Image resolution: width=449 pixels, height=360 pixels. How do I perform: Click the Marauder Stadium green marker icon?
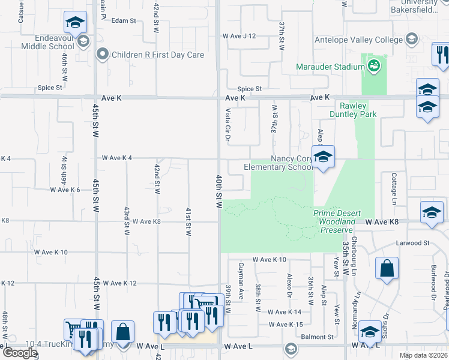pos(374,65)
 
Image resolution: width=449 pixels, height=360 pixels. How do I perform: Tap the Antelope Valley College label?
pos(359,40)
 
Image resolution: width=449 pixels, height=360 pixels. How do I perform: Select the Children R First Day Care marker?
pos(103,55)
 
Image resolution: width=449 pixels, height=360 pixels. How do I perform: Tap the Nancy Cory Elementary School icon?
pos(323,157)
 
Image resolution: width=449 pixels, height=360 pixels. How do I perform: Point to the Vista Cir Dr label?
pos(228,124)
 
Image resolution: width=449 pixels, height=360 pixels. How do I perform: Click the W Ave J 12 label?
pos(239,36)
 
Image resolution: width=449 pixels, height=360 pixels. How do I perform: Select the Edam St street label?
pos(124,20)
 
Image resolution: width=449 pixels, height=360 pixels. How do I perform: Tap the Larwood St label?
pos(413,244)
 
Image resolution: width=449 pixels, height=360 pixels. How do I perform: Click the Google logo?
pos(20,353)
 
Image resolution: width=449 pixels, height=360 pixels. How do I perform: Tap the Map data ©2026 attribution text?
pos(423,355)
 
